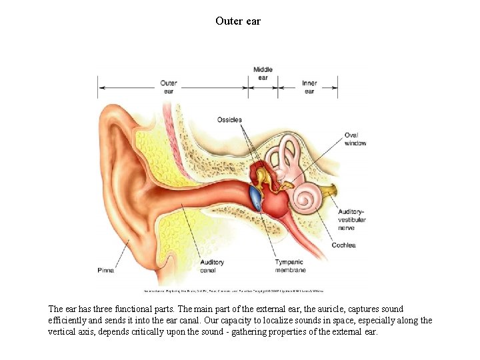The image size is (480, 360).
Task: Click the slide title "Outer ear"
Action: point(239,21)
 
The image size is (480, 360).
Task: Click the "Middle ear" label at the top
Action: point(263,73)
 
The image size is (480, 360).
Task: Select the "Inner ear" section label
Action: point(309,87)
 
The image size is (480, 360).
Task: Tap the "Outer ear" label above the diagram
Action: point(168,87)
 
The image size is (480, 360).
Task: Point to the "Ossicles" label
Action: point(229,120)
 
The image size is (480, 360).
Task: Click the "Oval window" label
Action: point(355,139)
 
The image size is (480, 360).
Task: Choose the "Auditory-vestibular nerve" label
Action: point(351,219)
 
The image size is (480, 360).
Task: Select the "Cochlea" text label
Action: point(344,245)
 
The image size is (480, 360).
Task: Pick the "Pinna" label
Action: point(105,271)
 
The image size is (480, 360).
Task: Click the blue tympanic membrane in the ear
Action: point(255,197)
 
